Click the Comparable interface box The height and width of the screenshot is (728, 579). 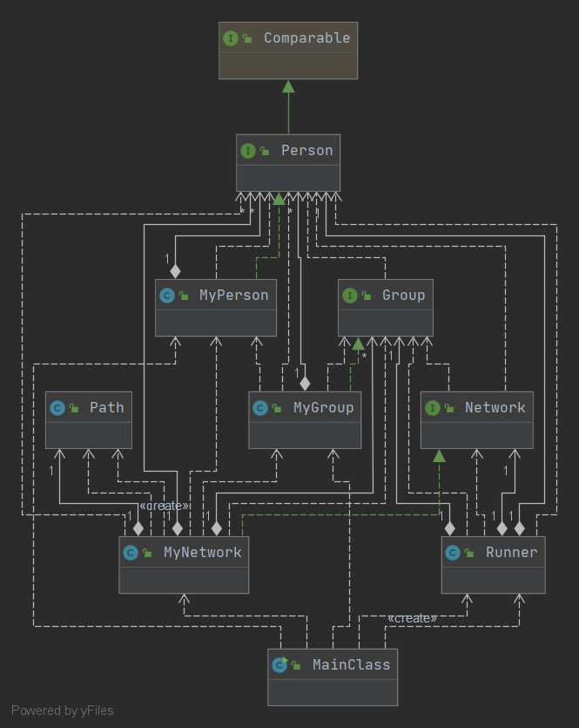point(287,51)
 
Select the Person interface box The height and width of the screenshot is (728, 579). point(288,163)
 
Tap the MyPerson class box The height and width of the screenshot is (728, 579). point(216,308)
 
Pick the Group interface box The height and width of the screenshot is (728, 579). point(385,308)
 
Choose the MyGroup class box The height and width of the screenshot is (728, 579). point(305,419)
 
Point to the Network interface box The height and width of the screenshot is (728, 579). point(476,419)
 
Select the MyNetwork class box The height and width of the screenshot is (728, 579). point(184,564)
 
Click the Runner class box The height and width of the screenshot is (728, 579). point(494,564)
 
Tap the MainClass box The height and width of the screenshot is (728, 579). point(333,677)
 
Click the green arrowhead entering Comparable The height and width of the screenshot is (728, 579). point(288,85)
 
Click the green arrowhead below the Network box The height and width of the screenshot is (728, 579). point(440,455)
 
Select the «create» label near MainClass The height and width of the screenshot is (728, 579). point(412,618)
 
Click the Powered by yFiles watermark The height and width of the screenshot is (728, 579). point(63,711)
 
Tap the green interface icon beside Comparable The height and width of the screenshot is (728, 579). point(231,38)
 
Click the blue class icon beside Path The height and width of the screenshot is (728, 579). point(58,408)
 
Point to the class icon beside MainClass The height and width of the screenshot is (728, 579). point(279,665)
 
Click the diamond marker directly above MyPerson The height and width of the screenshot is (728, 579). point(176,271)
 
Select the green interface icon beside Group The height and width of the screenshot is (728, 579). point(350,296)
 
